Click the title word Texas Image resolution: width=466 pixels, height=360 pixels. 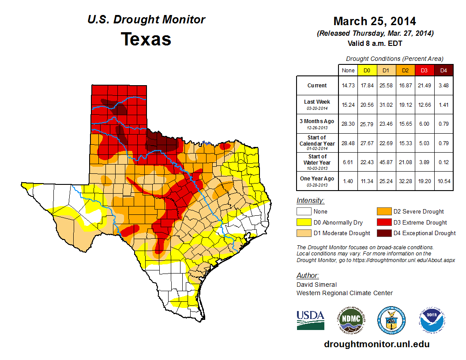click(x=146, y=39)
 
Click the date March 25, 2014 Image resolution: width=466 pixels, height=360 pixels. click(x=375, y=21)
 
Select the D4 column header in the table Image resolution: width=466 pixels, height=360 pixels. click(x=443, y=71)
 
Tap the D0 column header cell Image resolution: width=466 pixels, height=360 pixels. click(x=367, y=71)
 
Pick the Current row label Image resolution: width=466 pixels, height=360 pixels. click(x=317, y=86)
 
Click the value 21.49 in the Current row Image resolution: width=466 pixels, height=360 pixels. click(x=425, y=86)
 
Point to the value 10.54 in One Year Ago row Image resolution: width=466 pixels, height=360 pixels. click(x=443, y=181)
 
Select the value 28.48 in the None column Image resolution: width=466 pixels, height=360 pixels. click(x=348, y=143)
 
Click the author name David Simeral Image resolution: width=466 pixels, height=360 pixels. click(x=316, y=285)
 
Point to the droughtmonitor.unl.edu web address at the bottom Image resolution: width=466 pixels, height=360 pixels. click(x=376, y=344)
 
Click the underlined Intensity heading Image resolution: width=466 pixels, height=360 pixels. click(x=310, y=201)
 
